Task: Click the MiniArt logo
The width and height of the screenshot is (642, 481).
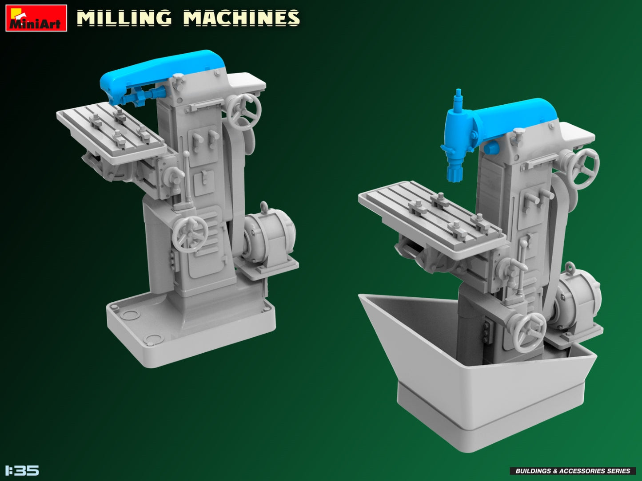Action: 36,18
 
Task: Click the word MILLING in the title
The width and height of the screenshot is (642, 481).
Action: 124,18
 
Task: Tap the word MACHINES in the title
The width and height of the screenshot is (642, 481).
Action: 241,18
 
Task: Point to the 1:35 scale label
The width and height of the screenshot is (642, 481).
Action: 22,470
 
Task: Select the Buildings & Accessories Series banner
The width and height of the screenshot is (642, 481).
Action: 572,471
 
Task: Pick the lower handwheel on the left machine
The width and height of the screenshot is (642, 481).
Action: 190,234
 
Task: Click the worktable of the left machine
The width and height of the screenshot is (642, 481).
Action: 111,129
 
